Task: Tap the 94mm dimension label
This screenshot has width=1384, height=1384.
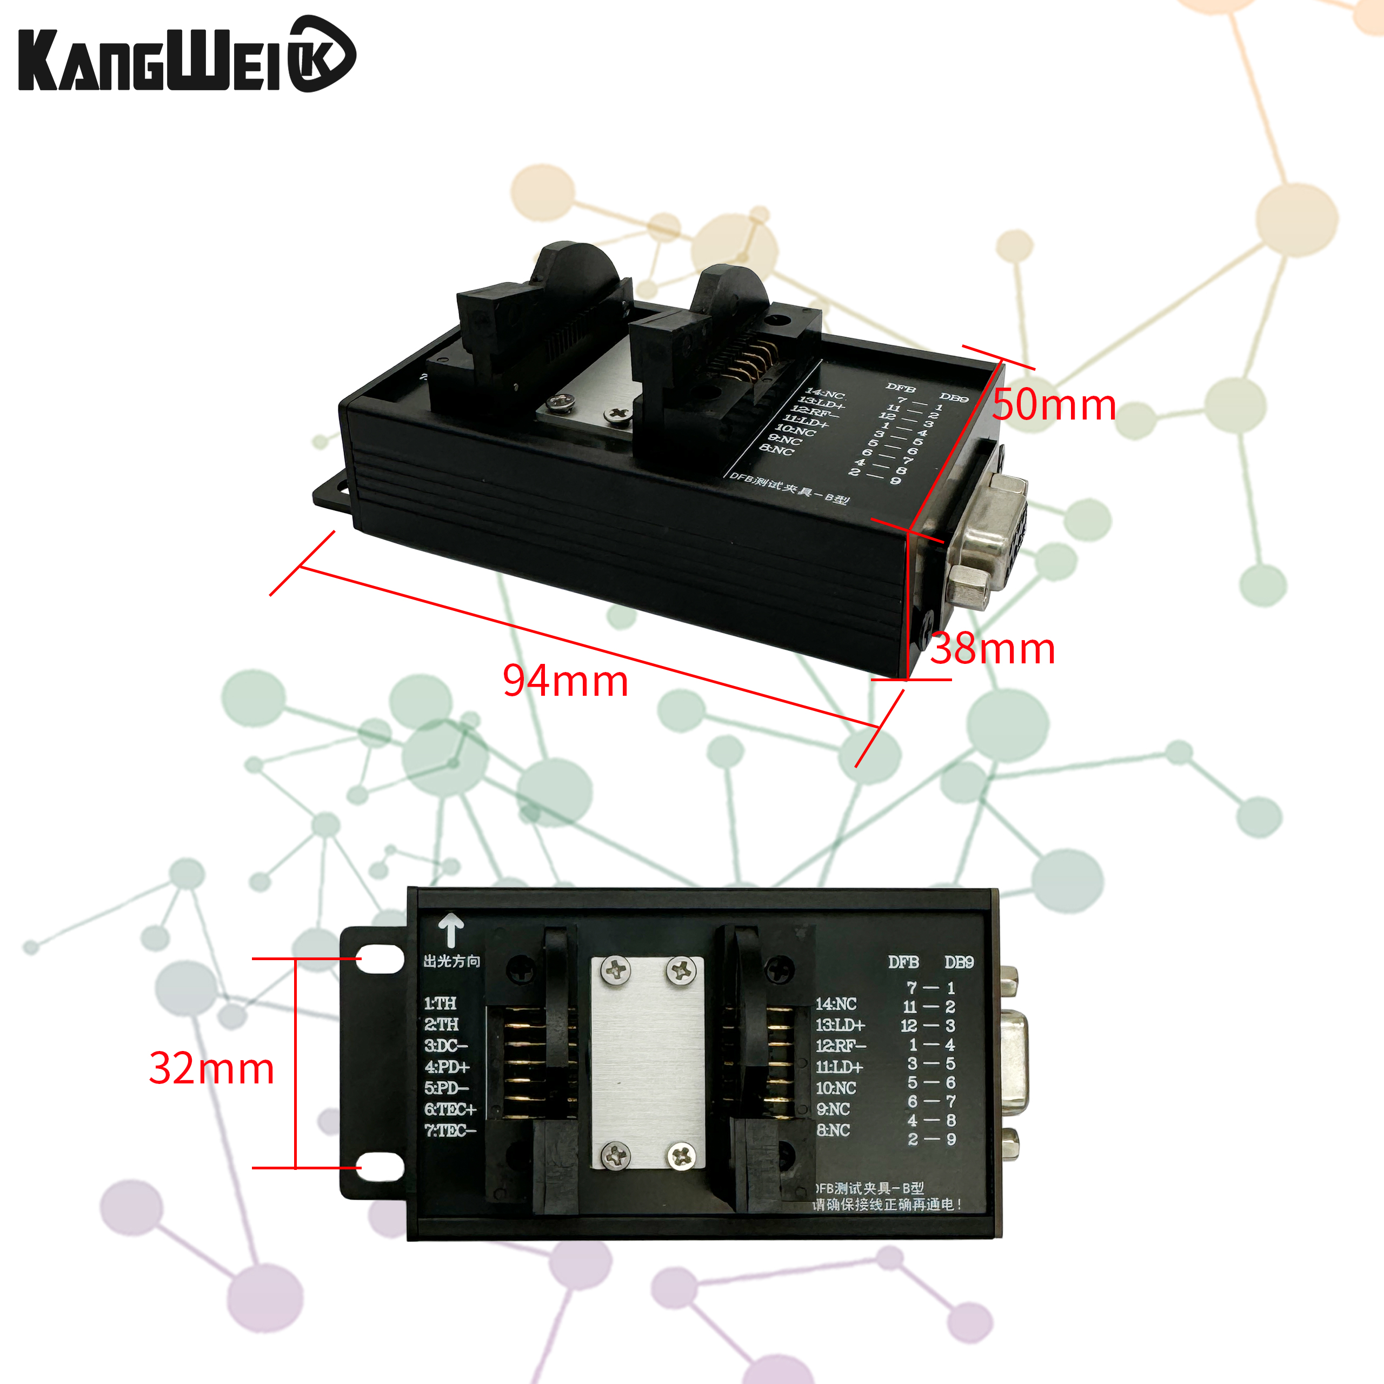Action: coord(565,681)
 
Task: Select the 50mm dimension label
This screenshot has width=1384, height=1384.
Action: coord(1054,405)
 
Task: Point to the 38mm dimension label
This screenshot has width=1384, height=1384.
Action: coord(992,649)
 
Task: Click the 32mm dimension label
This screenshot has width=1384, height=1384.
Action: coord(211,1068)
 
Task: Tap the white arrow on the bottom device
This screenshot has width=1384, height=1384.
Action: coord(450,930)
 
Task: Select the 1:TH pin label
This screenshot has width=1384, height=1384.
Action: coord(440,1003)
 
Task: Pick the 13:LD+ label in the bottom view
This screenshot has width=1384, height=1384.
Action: coord(840,1025)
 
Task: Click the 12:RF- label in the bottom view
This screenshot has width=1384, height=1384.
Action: coord(840,1046)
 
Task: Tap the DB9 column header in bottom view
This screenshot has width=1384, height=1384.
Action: coord(959,962)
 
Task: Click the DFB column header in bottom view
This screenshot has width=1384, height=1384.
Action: coord(903,962)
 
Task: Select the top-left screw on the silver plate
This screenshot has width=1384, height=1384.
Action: coord(615,970)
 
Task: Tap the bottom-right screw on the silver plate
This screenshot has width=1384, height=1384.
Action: coord(681,1154)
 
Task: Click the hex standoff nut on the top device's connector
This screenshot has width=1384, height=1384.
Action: coord(968,584)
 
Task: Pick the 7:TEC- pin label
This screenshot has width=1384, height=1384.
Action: coord(450,1130)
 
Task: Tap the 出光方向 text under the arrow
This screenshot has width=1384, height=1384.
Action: coord(451,961)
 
